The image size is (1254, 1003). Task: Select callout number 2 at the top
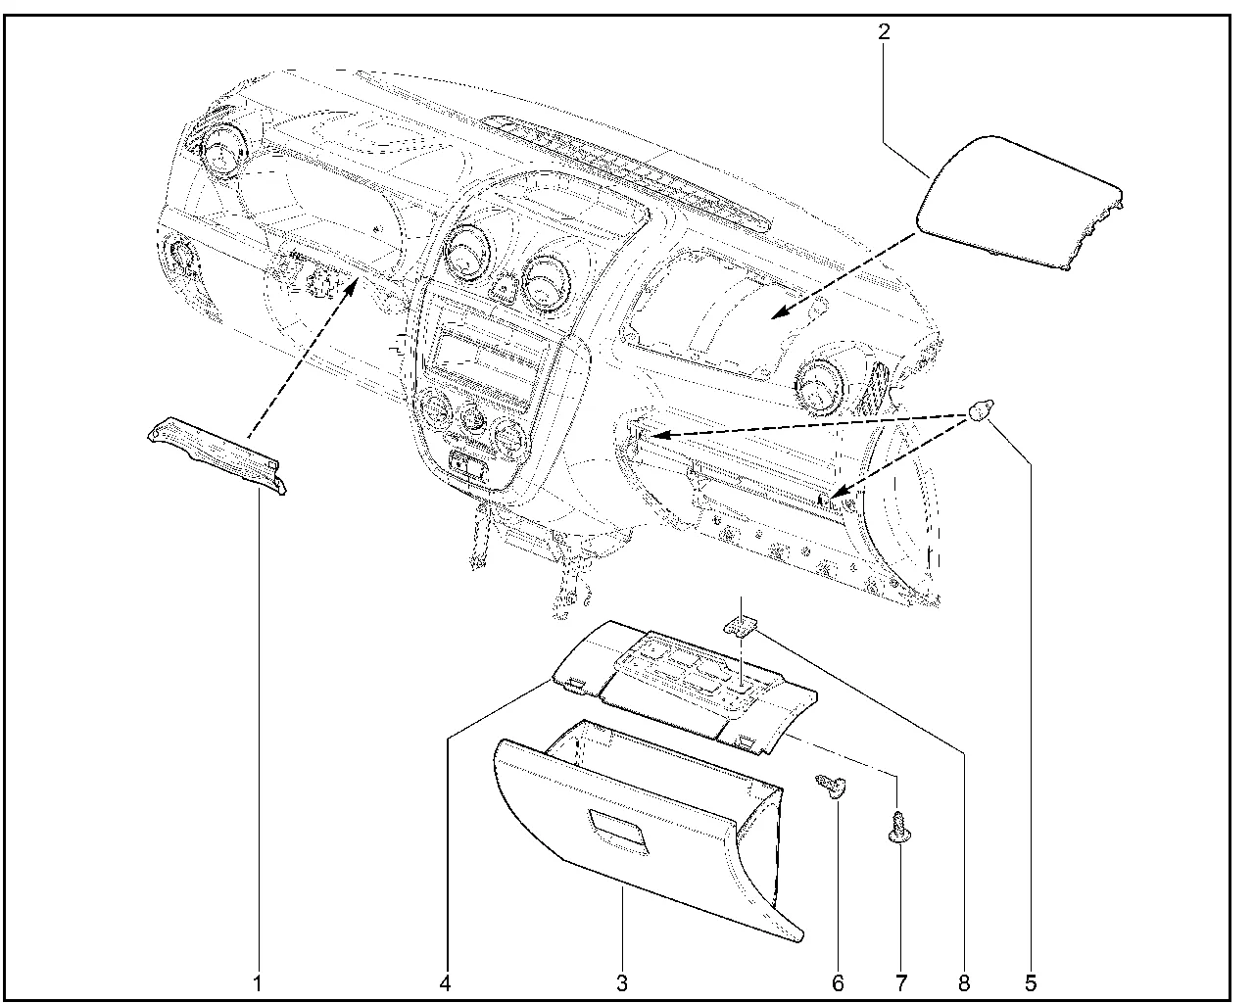point(884,31)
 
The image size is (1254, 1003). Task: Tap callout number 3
point(622,981)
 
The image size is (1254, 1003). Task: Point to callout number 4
point(446,981)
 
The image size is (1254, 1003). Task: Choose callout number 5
point(1030,981)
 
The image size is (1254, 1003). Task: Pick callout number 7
point(899,981)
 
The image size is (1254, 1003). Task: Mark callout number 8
point(964,981)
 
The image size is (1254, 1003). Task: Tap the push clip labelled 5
point(980,411)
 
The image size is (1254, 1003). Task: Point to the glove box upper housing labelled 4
point(686,686)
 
